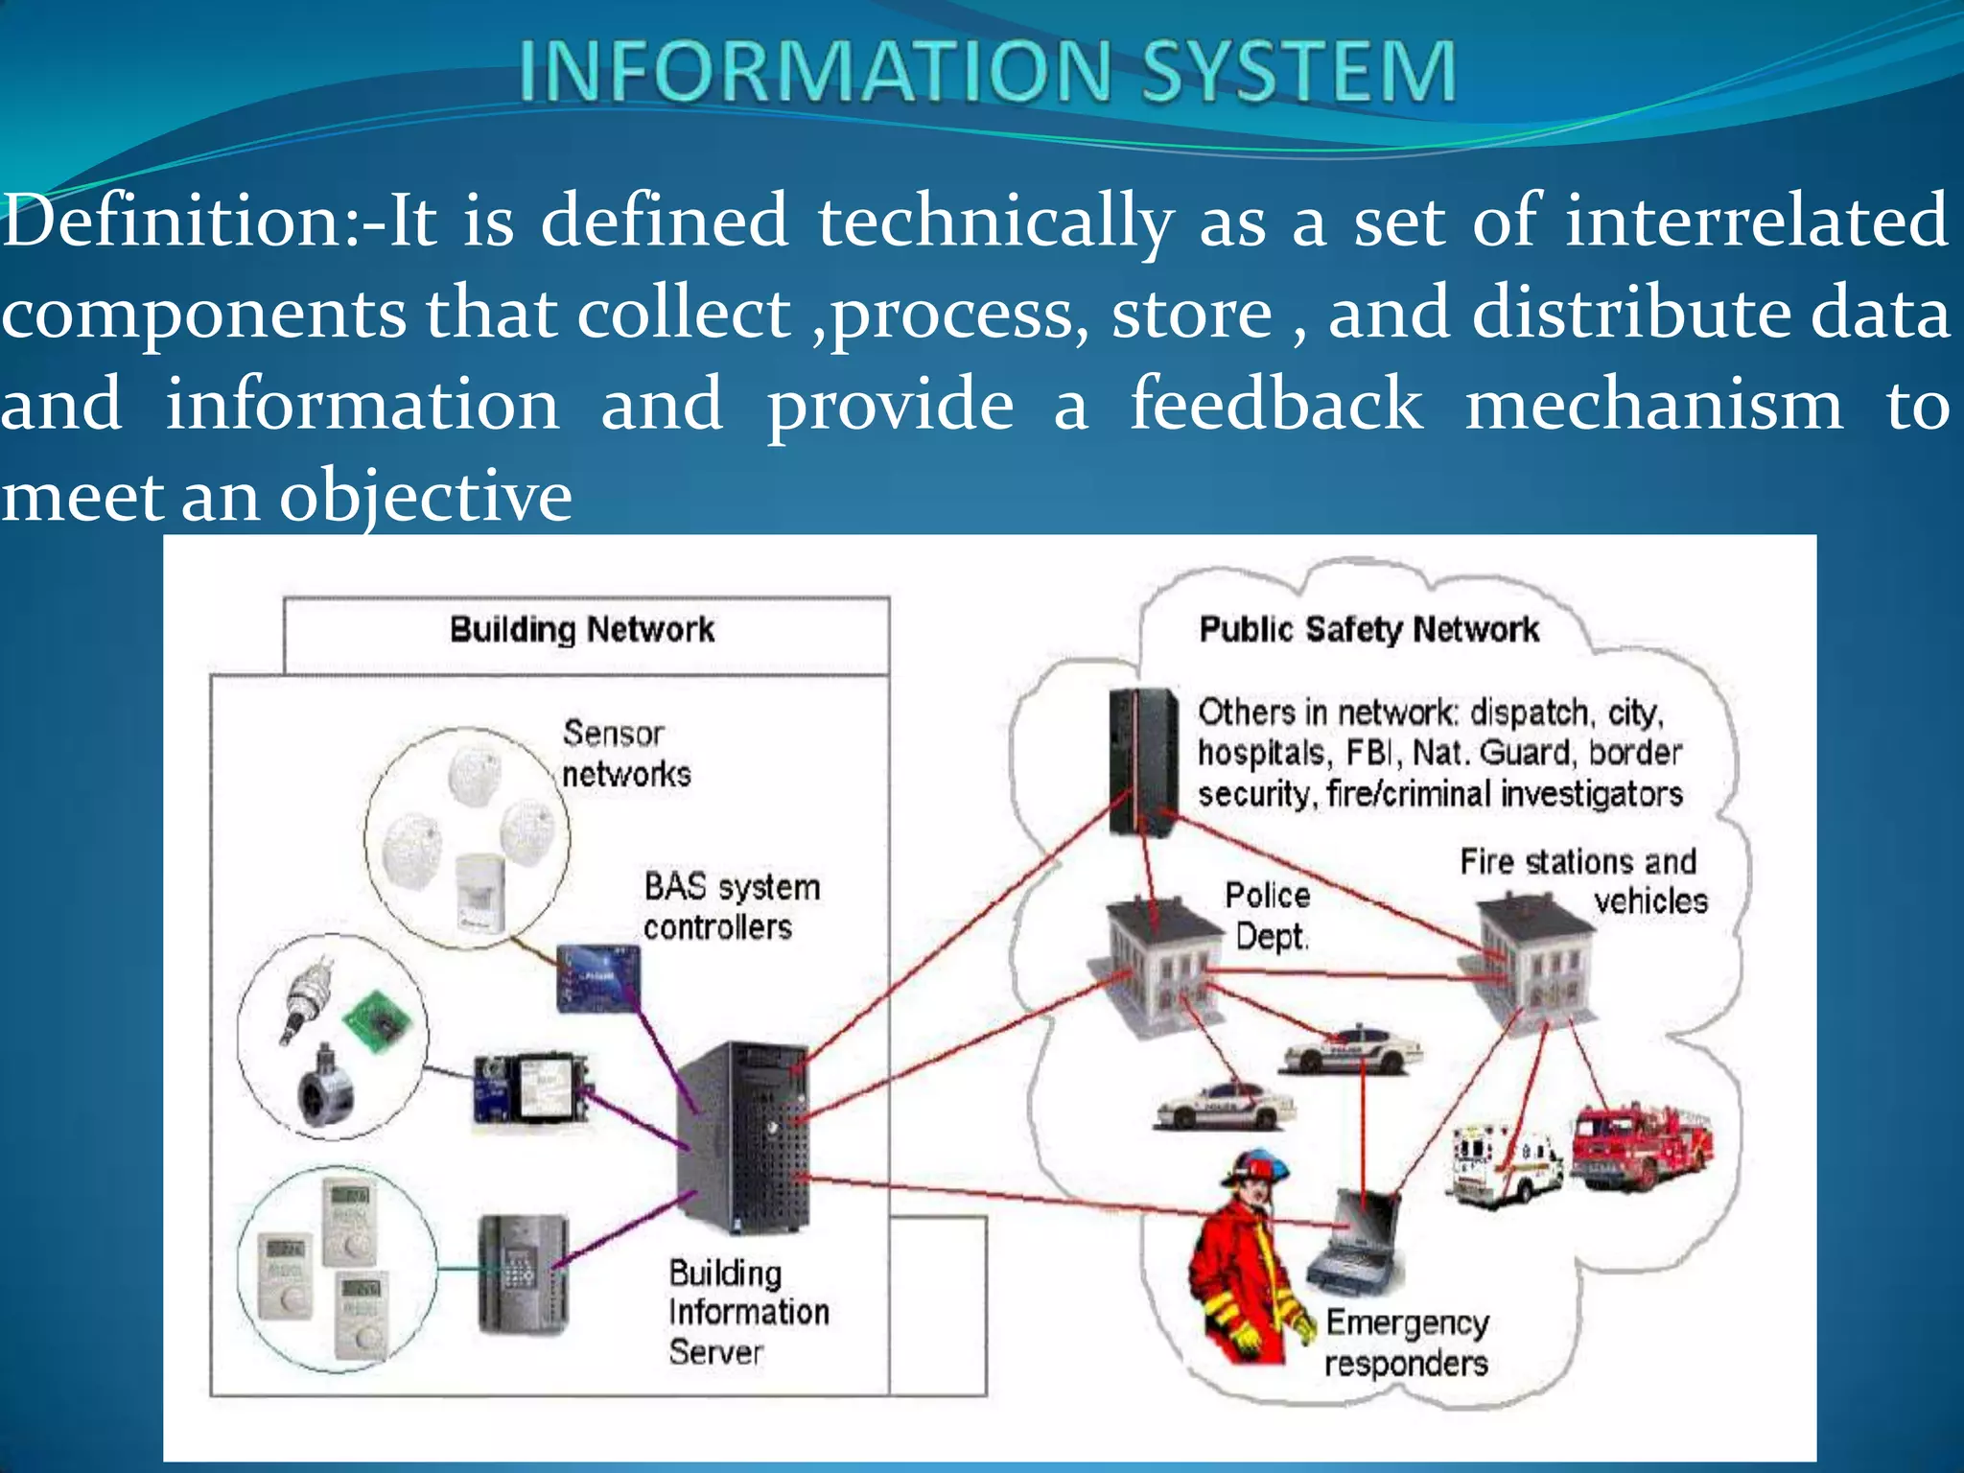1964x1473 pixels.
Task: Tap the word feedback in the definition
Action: [x=1275, y=404]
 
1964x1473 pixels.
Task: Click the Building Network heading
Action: [x=582, y=630]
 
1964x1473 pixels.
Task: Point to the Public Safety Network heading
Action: [x=1368, y=630]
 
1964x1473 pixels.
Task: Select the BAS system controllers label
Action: [x=731, y=906]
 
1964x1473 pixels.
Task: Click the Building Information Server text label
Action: [x=746, y=1312]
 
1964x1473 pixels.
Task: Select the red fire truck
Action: [x=1642, y=1146]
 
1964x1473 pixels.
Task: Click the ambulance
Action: [x=1504, y=1163]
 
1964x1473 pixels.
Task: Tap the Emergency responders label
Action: [x=1406, y=1343]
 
